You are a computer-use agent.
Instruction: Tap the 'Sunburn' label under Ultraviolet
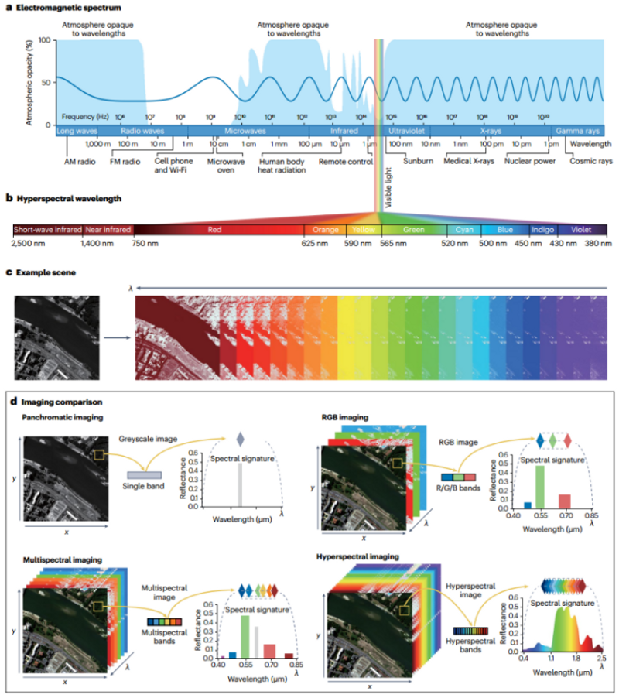[418, 162]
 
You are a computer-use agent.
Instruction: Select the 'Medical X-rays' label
[468, 162]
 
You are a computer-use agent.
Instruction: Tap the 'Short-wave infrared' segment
[48, 230]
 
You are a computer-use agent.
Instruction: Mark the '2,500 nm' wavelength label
[29, 244]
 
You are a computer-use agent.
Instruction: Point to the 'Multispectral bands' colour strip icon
[162, 621]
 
